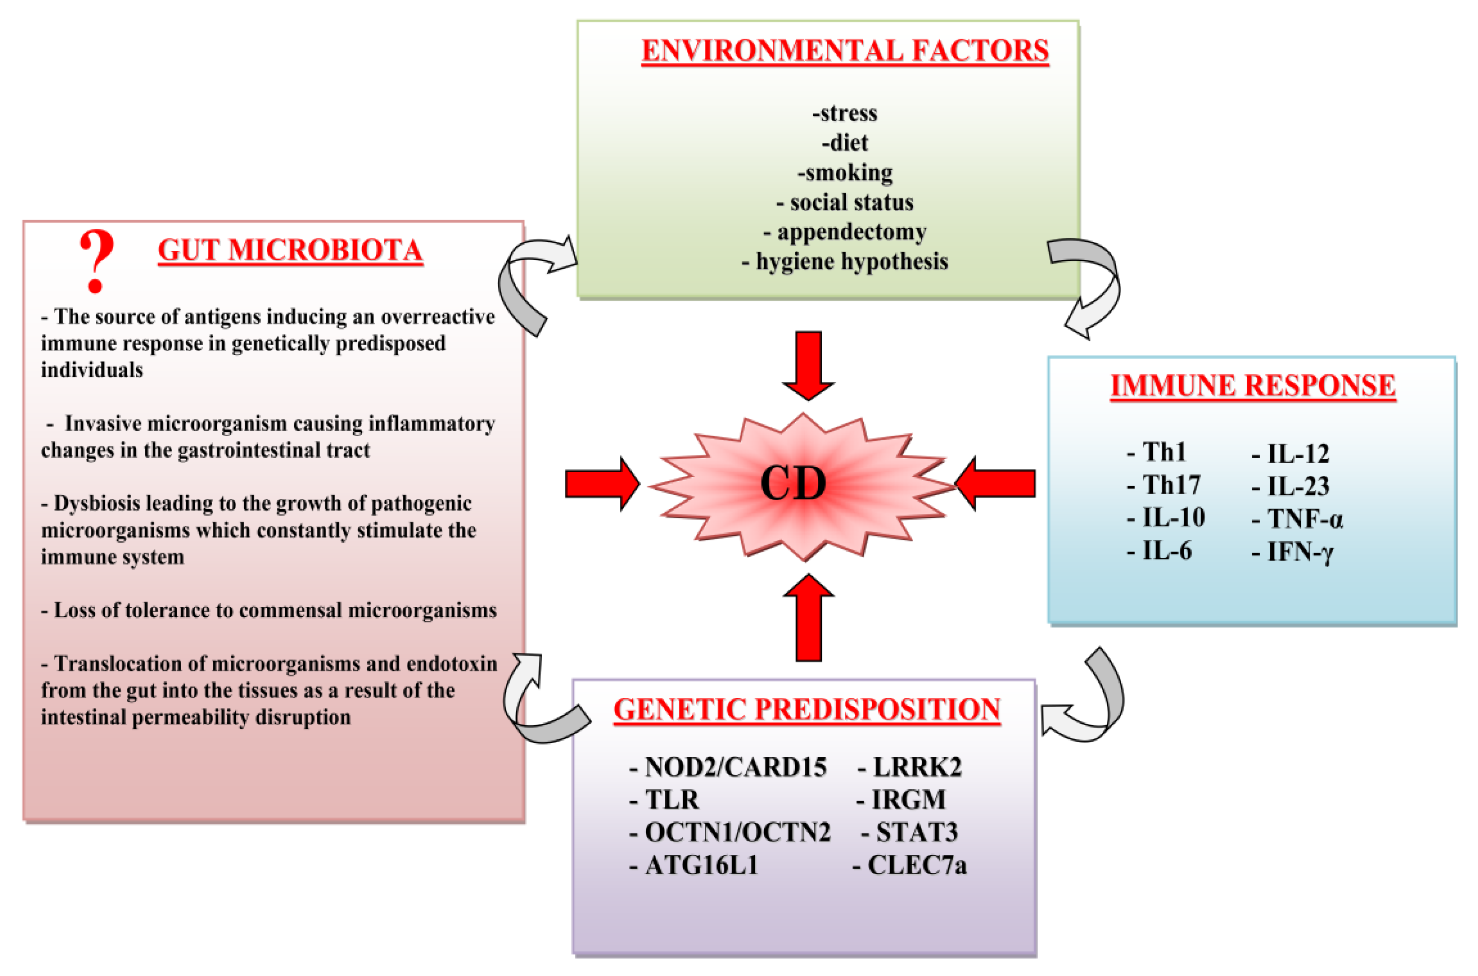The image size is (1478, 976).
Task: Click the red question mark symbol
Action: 97,260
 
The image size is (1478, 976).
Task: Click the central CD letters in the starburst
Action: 793,484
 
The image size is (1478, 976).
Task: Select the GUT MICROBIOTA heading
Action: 290,250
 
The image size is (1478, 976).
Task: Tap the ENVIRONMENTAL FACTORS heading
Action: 844,51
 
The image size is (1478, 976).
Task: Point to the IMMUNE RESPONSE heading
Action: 1252,386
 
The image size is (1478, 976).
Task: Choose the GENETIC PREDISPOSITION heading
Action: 807,710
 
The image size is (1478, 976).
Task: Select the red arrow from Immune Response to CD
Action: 995,484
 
